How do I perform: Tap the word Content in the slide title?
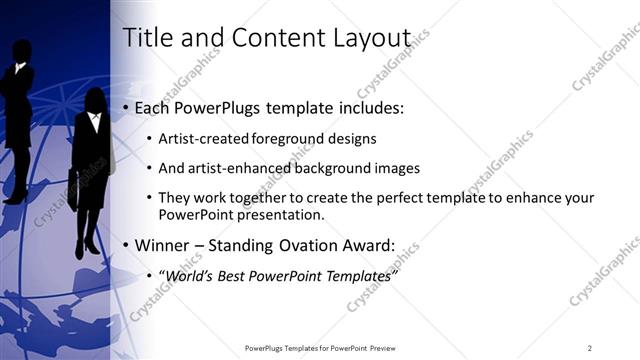click(x=275, y=38)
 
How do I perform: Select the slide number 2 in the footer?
click(x=589, y=347)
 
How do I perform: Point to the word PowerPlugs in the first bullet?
click(x=211, y=107)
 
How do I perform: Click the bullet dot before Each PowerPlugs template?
click(x=125, y=108)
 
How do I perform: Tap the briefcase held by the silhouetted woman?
click(x=76, y=190)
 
